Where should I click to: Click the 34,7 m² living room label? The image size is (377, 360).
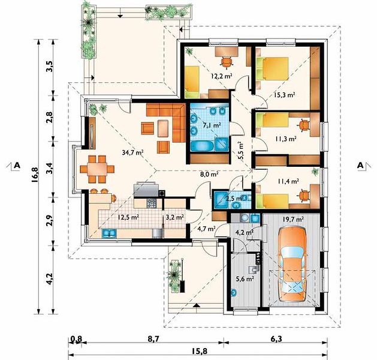(132, 152)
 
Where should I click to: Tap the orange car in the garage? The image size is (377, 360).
(292, 264)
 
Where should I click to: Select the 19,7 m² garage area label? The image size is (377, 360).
(293, 220)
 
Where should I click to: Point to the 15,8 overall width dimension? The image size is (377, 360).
(200, 352)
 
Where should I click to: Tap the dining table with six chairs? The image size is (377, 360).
(97, 169)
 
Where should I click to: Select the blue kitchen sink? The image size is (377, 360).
(110, 233)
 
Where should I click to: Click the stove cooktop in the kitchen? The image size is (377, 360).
(152, 203)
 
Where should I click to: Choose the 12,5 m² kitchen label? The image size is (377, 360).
(128, 217)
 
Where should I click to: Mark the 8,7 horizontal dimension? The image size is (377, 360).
(153, 340)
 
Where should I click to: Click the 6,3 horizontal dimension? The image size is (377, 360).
(276, 340)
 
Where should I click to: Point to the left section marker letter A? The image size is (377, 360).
(17, 165)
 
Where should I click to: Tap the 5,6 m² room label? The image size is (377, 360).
(245, 279)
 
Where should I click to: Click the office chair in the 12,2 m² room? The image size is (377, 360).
(227, 62)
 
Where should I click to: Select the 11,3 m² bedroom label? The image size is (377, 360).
(285, 139)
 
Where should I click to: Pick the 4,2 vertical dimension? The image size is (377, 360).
(50, 279)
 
